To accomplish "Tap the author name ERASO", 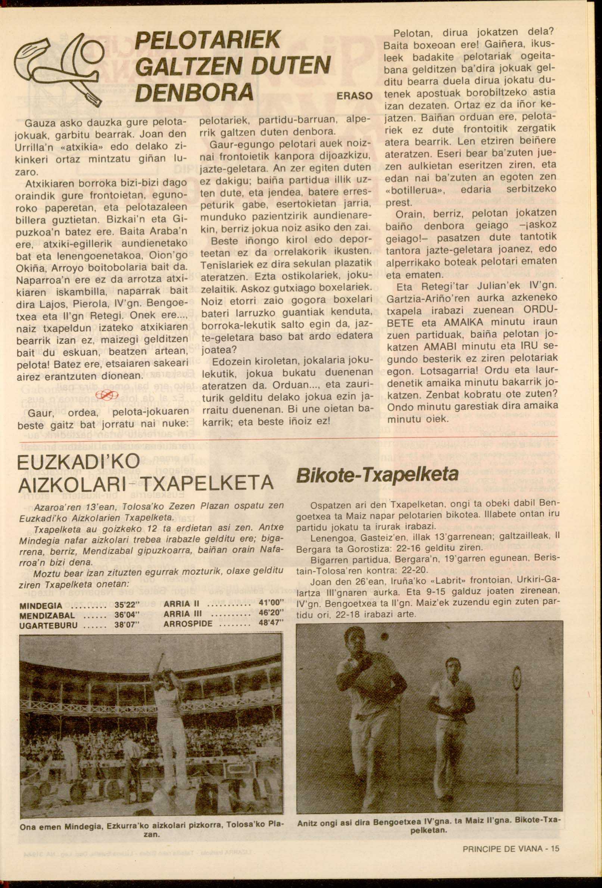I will (355, 96).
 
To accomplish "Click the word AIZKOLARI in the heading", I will (73, 485).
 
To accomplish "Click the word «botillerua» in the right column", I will (411, 190).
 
